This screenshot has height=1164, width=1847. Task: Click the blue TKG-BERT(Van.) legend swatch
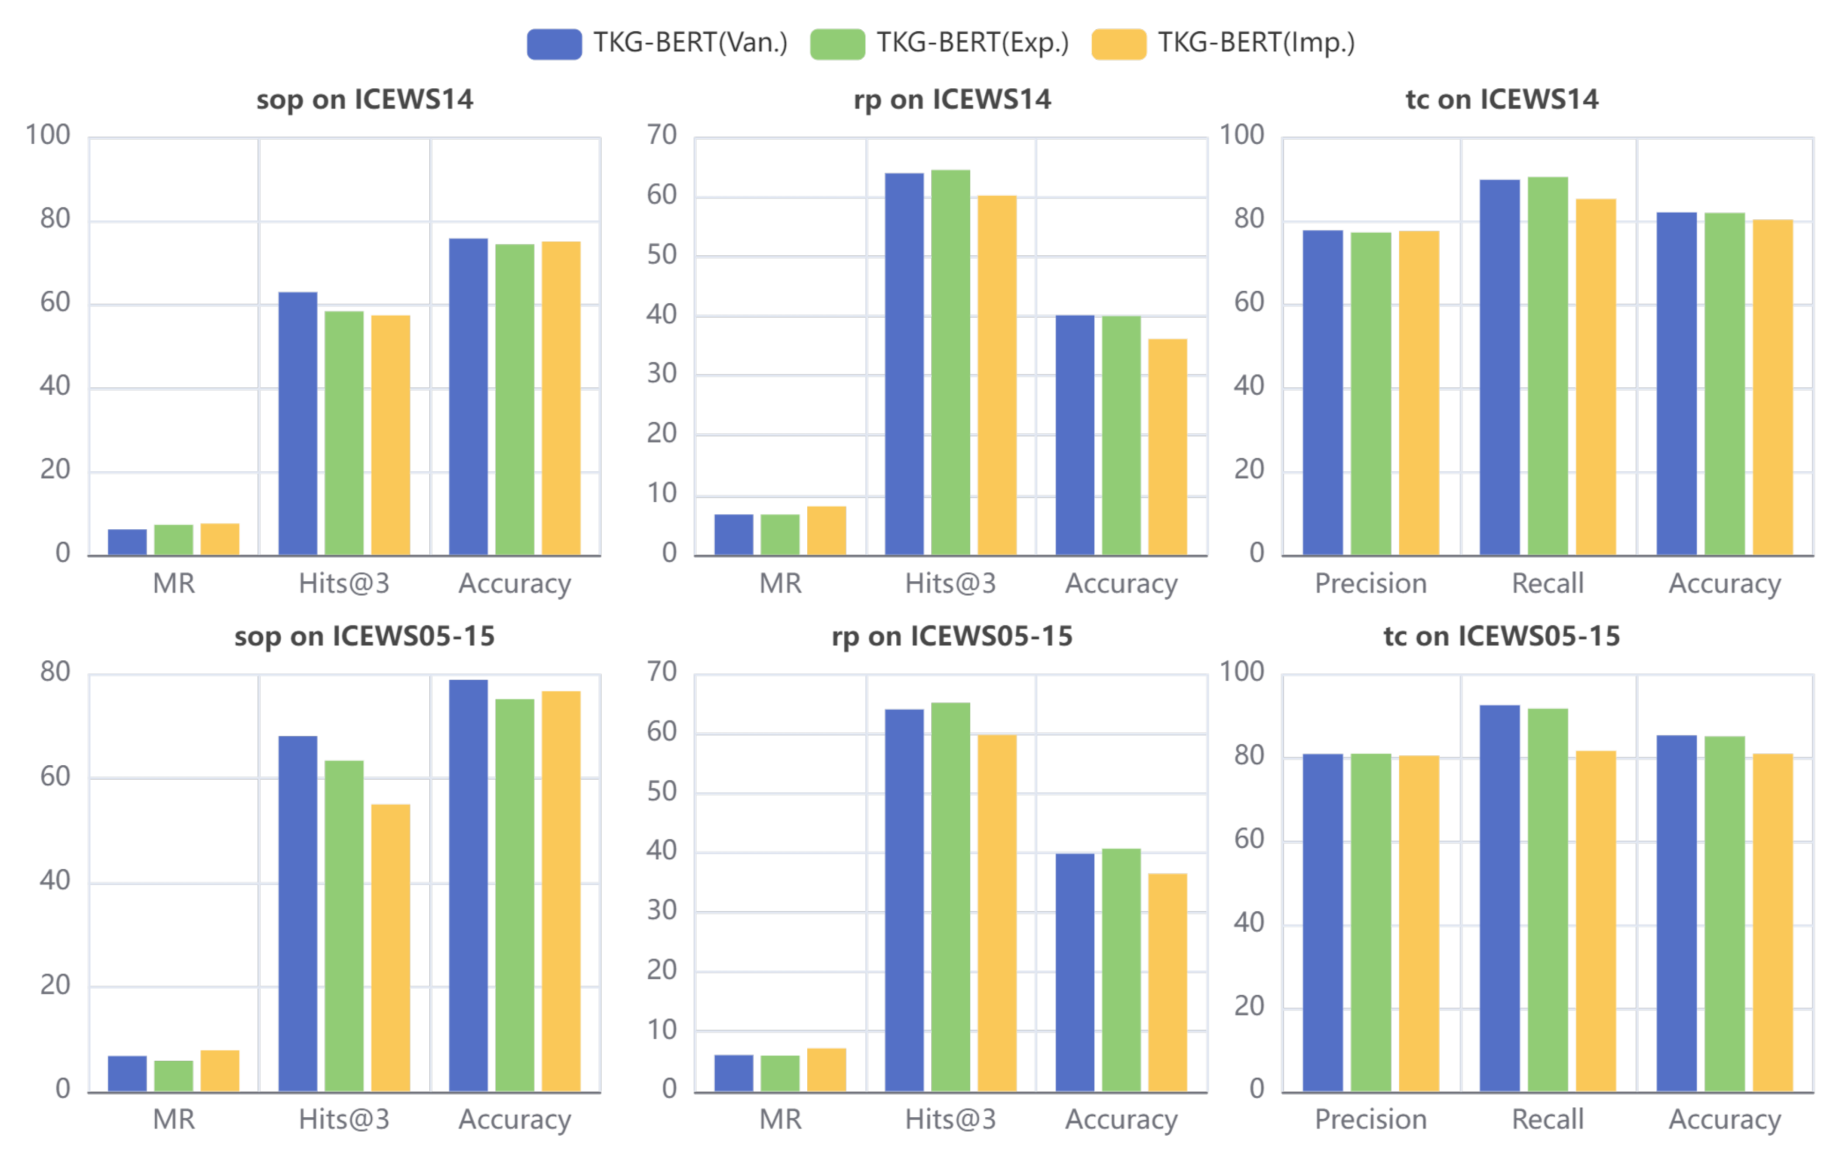tap(554, 44)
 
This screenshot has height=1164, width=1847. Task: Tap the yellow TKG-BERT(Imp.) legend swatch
tap(1118, 44)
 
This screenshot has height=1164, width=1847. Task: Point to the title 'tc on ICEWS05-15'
tap(1501, 636)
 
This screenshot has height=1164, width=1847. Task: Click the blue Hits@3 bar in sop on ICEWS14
tap(298, 423)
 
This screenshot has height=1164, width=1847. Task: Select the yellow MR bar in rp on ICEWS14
tap(826, 531)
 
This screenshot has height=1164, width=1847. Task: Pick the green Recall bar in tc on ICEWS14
tap(1547, 366)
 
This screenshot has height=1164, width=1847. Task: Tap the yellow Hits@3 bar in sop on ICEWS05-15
tap(390, 947)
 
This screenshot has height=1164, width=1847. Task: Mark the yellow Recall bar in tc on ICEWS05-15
tap(1596, 920)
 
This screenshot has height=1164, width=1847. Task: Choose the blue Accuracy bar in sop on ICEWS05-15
tap(468, 885)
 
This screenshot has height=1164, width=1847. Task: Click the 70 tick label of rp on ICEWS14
tap(661, 135)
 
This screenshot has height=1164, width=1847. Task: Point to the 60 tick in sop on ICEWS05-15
tap(55, 776)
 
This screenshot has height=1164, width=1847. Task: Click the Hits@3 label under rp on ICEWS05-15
tap(950, 1119)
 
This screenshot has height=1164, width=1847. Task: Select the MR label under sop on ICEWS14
tap(174, 583)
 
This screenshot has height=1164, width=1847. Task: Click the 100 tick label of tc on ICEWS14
tap(1242, 135)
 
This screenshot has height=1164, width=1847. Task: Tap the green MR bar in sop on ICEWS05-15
tap(173, 1075)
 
